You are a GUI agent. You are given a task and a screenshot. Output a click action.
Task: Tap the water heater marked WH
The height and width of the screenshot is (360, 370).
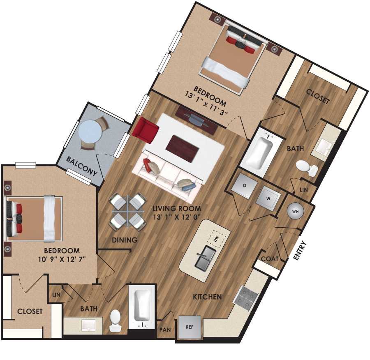[x=295, y=211]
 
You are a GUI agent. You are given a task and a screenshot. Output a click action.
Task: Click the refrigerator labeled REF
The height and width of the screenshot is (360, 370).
[x=190, y=328]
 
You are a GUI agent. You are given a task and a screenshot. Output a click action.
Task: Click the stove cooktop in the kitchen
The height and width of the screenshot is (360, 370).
[x=245, y=297]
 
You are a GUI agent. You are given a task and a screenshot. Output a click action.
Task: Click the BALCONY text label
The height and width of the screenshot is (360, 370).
[x=82, y=166]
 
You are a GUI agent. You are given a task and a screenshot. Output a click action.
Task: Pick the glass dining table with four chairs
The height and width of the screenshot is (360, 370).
[x=128, y=212]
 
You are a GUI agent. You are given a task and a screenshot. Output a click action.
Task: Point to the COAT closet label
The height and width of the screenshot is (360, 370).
[x=270, y=259]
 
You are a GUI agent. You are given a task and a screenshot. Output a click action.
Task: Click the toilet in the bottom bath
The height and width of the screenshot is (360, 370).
[x=115, y=320]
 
